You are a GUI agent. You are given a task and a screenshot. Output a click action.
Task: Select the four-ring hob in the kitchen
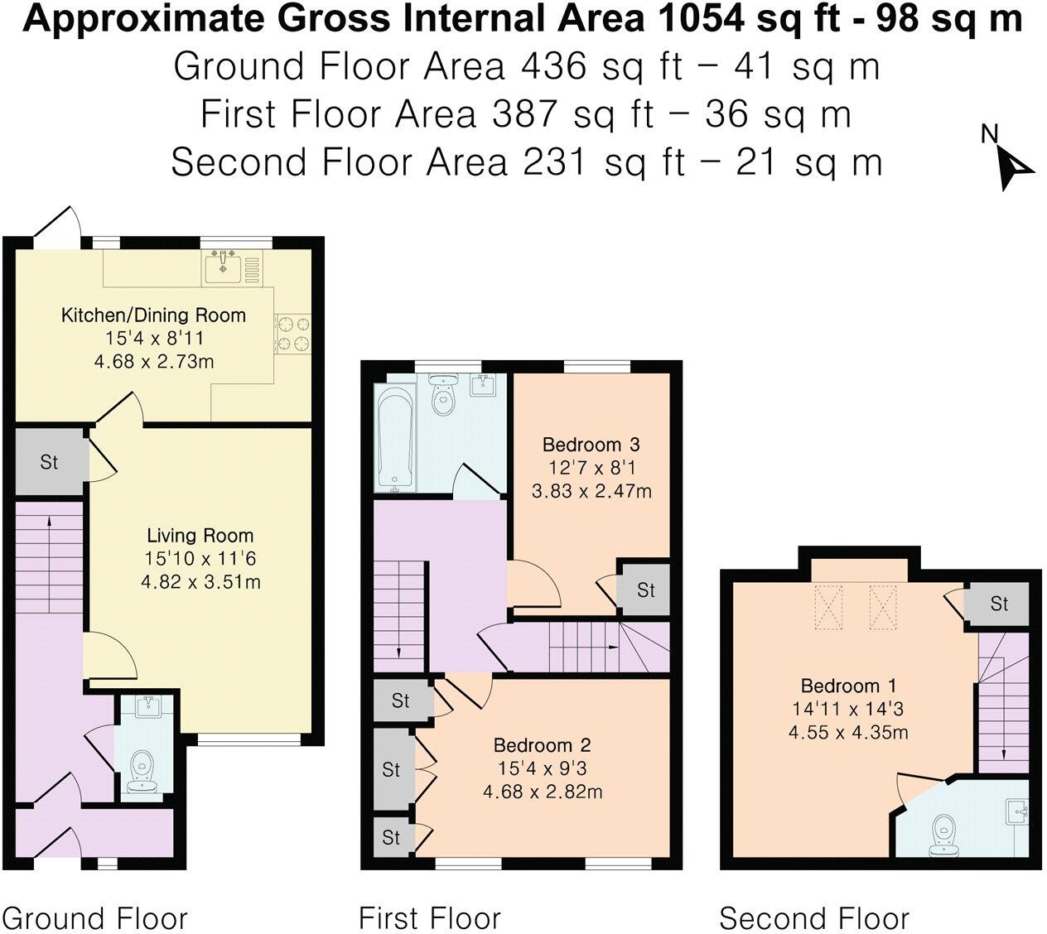pos(292,333)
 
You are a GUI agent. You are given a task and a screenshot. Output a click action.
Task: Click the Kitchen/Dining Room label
pos(153,315)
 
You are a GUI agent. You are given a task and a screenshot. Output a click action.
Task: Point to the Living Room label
pos(200,535)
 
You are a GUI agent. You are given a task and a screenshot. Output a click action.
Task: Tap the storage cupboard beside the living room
pos(49,461)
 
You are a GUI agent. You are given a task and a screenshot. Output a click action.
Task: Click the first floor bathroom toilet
pos(446,395)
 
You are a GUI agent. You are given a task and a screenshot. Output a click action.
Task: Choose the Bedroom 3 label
pos(591,444)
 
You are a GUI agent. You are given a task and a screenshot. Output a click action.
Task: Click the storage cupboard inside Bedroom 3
pos(645,590)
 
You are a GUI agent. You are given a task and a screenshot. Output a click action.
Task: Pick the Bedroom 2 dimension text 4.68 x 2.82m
pos(543,792)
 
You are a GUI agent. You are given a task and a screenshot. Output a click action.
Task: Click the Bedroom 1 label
pos(848,686)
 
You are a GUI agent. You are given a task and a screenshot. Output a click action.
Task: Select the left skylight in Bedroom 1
pos(827,607)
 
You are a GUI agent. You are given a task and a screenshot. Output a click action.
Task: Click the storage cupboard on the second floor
pos(999,604)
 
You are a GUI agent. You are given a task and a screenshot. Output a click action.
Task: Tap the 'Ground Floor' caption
pos(96,918)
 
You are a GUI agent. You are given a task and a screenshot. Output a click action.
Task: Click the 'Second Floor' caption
pos(813,918)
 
